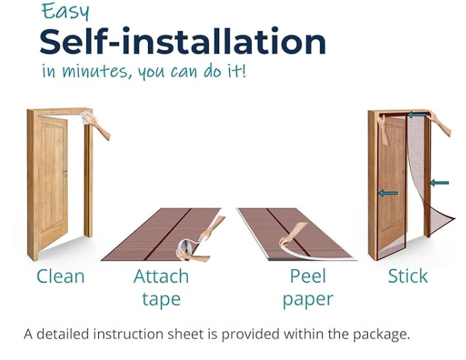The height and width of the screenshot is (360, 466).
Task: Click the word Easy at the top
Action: (x=65, y=11)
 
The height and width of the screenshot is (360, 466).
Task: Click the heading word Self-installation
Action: (x=183, y=41)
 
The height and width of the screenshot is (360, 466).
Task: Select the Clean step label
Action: (x=60, y=276)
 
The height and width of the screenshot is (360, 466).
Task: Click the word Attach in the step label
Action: (x=161, y=276)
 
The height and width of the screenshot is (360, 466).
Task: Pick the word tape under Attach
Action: (x=161, y=299)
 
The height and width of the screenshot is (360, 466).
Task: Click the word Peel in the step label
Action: (x=308, y=276)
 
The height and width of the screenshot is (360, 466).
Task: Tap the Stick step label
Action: (x=408, y=276)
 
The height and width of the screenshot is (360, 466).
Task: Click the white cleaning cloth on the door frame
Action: (x=86, y=117)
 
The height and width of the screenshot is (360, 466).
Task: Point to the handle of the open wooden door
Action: (x=65, y=174)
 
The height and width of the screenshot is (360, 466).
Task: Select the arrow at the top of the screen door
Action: (x=417, y=115)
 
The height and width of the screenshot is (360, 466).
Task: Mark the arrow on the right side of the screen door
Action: (x=439, y=183)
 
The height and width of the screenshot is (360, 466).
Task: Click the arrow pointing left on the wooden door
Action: (x=388, y=194)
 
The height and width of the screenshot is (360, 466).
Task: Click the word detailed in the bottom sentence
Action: (x=63, y=334)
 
